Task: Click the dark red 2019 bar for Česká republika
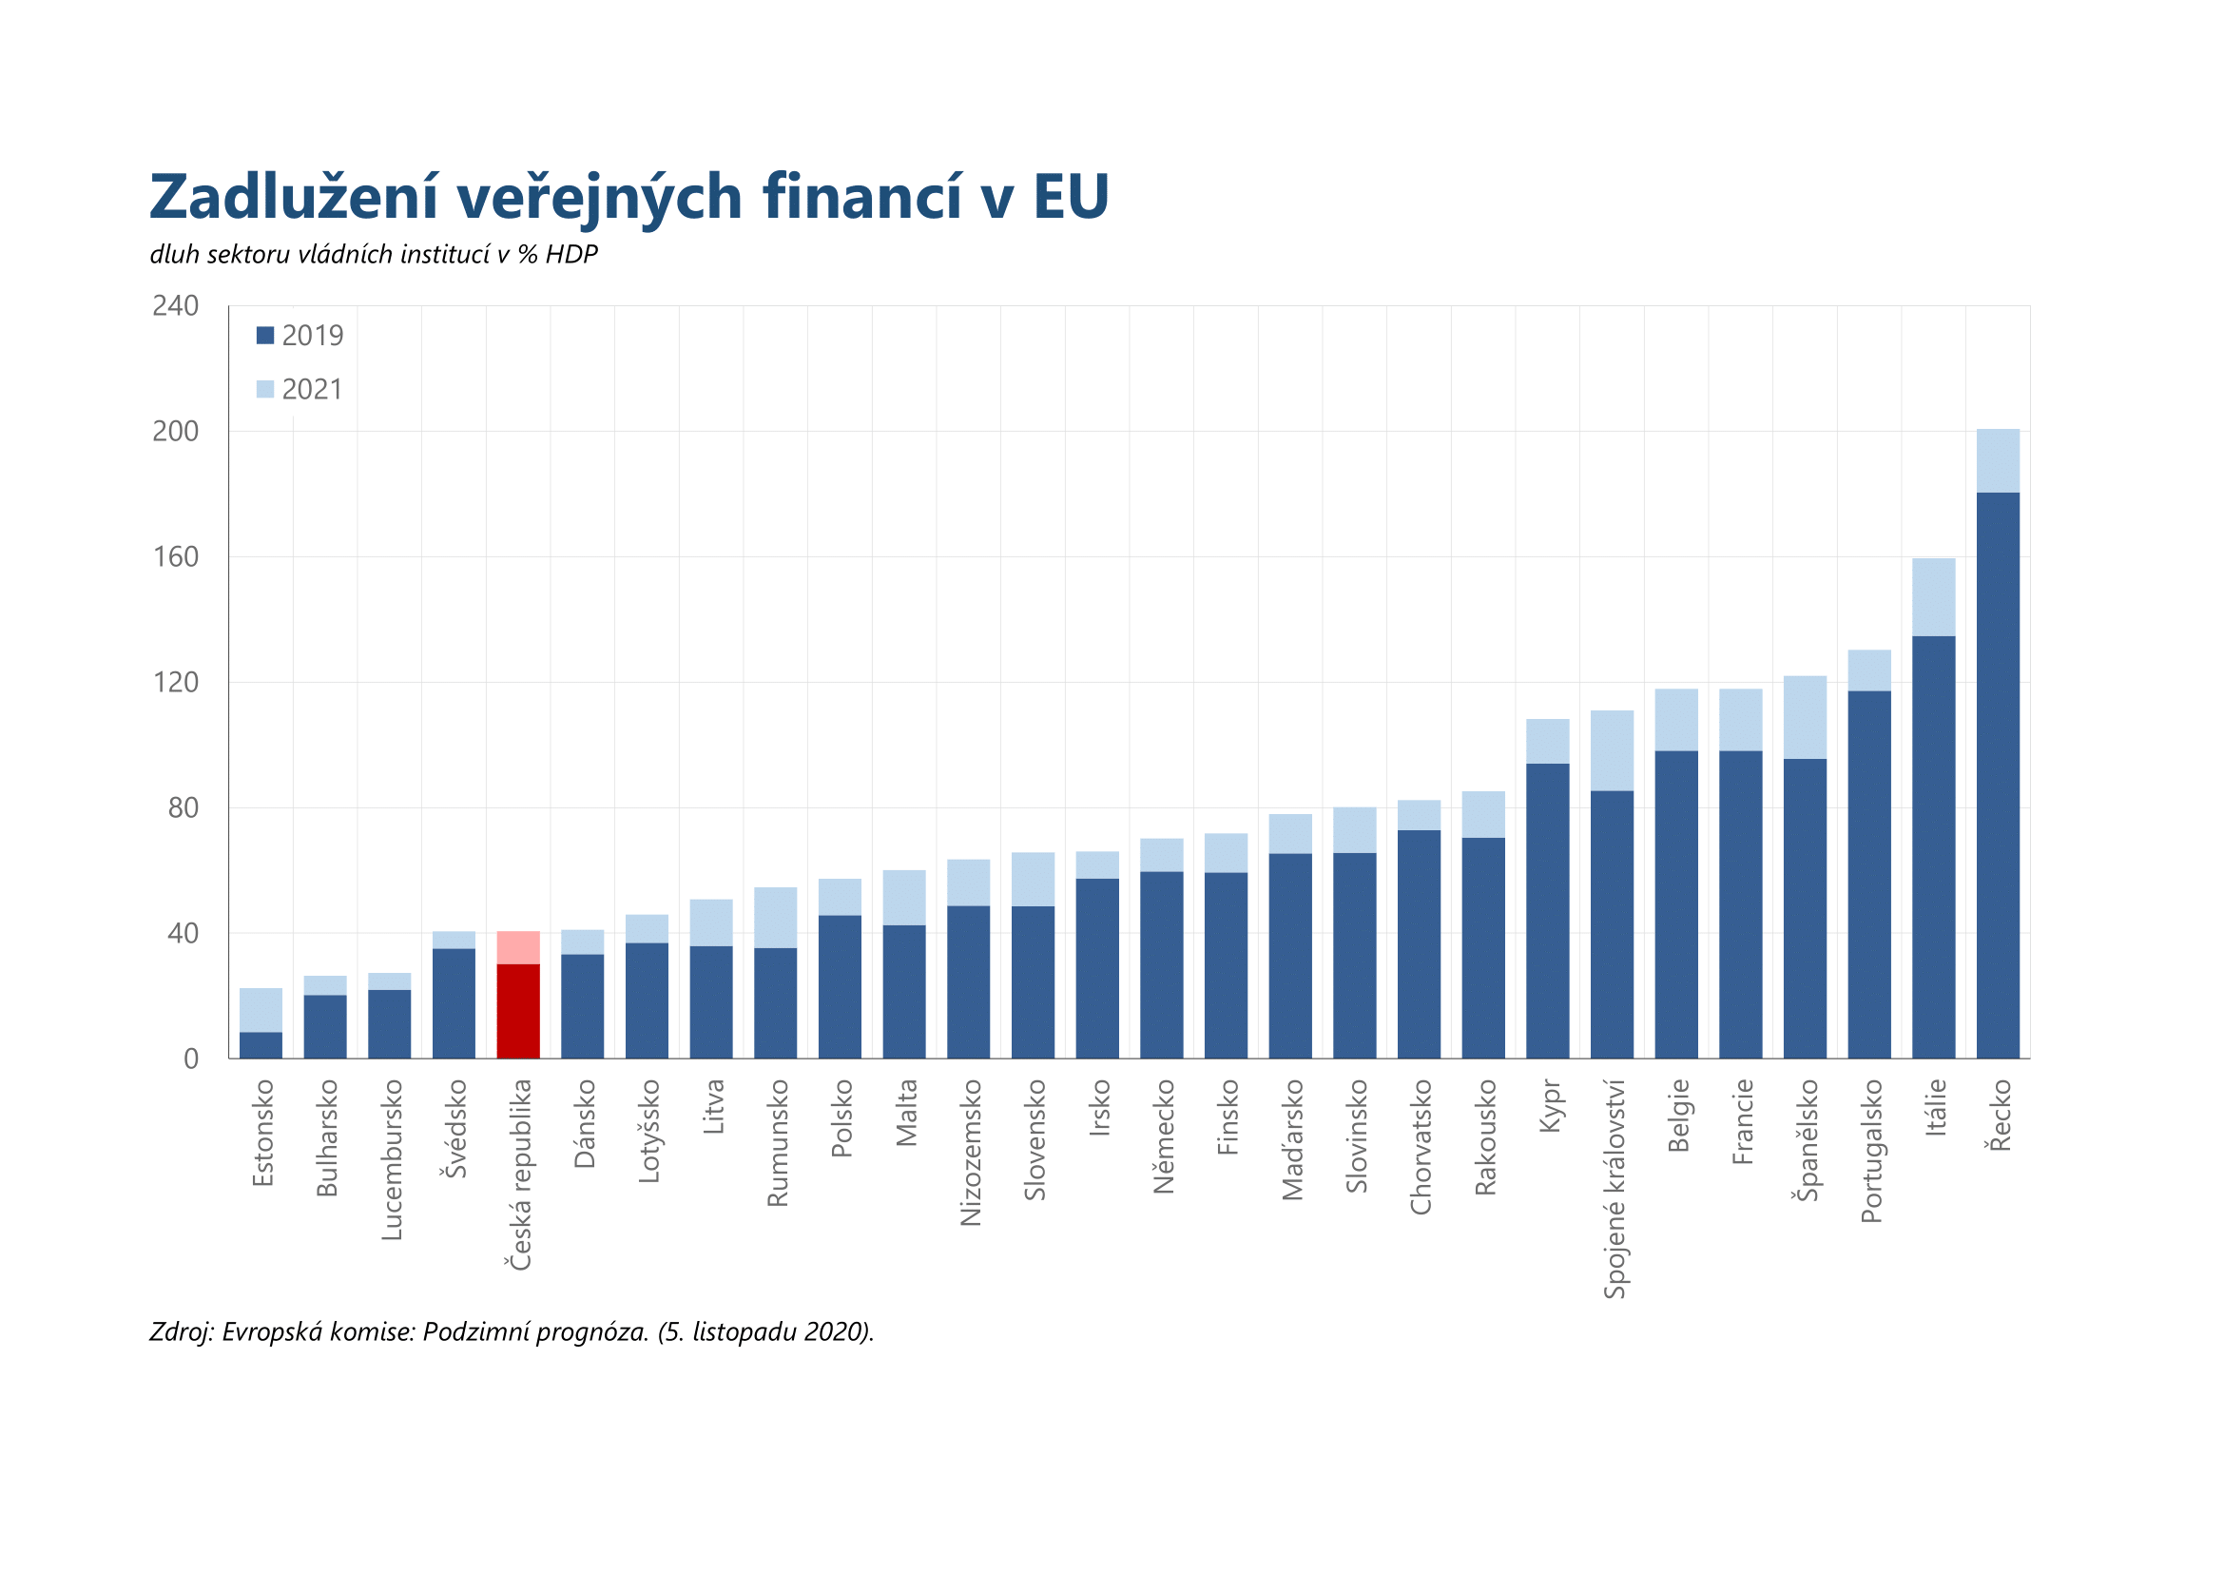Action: coord(518,1010)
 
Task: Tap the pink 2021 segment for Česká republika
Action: coord(518,947)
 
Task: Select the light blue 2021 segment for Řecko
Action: coord(1998,461)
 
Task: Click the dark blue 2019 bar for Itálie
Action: coord(1933,846)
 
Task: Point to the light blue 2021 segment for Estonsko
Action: coord(261,1009)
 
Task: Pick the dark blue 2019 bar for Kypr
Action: coord(1547,910)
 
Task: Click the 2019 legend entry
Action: coord(300,336)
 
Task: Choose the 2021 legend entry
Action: coord(300,389)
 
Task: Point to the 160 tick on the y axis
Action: coord(175,557)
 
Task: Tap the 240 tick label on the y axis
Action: coord(175,306)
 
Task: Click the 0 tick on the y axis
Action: coord(191,1058)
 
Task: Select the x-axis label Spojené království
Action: coord(1614,1189)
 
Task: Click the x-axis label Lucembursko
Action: coord(392,1159)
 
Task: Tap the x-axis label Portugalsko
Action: coord(1870,1151)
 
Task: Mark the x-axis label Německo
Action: coord(1163,1136)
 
